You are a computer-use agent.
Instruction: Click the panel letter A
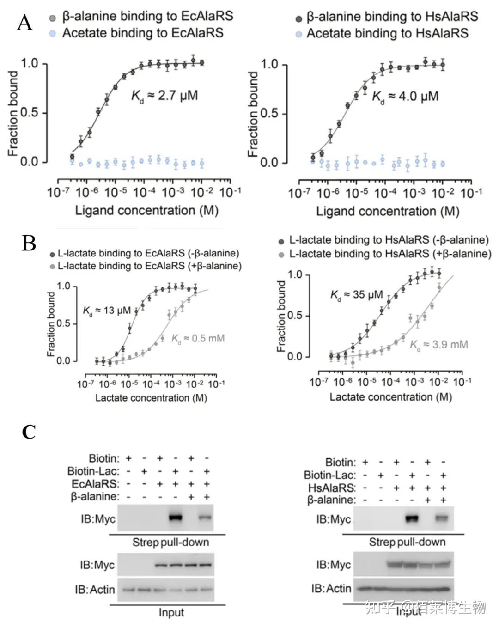coord(25,23)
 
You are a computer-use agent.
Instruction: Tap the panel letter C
coord(29,432)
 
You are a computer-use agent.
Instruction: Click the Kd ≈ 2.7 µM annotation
coord(164,96)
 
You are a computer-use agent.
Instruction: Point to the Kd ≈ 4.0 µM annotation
coord(405,97)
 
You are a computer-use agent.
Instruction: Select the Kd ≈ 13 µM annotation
coord(107,311)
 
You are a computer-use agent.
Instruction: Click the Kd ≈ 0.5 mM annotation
coord(198,339)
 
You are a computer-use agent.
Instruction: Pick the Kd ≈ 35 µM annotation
coord(356,295)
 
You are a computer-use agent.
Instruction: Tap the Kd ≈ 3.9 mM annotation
coord(439,345)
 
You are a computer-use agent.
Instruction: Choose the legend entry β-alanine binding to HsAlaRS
coord(387,17)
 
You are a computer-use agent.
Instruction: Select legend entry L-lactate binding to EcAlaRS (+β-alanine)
coord(146,266)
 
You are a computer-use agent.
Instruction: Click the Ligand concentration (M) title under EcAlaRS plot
coord(147,210)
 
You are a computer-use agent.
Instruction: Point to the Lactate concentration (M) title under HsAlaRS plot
coord(391,397)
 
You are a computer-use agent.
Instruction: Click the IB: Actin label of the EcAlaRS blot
coord(95,590)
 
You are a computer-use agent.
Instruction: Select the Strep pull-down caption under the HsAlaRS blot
coord(408,542)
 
